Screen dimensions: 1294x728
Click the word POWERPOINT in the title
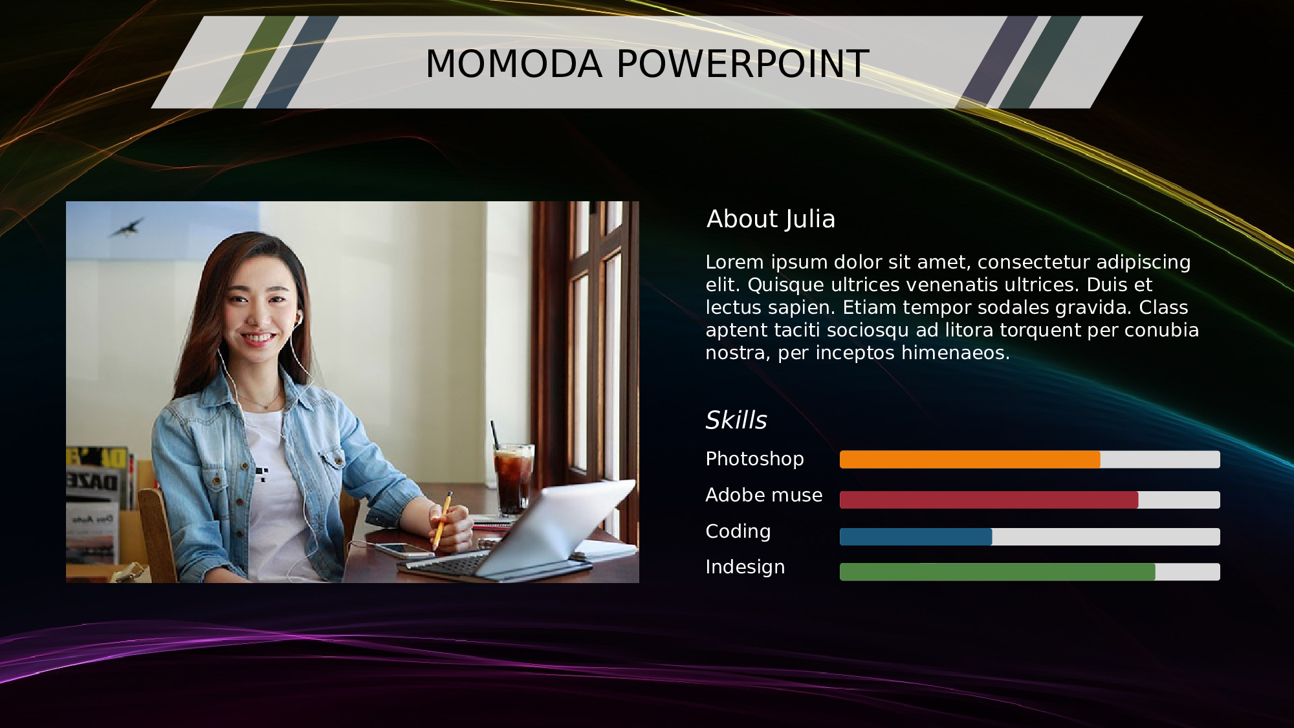tap(743, 64)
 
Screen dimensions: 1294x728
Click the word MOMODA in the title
tap(514, 64)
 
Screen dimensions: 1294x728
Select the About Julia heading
tap(771, 219)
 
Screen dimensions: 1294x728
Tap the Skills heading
tap(736, 420)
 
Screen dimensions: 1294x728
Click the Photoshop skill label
tap(754, 459)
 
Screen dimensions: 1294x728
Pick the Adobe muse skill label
tap(763, 495)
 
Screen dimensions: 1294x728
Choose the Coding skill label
tap(738, 532)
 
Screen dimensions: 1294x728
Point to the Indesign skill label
tap(745, 567)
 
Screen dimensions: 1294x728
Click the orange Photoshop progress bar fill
tap(970, 459)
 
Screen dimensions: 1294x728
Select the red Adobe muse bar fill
tap(989, 500)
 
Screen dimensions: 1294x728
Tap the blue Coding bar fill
tap(916, 536)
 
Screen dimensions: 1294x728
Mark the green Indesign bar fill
tap(997, 572)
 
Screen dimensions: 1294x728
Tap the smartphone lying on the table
tap(404, 550)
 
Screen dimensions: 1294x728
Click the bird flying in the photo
tap(127, 227)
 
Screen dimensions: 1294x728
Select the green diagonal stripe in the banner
tap(254, 62)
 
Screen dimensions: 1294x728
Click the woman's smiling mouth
tap(258, 338)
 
